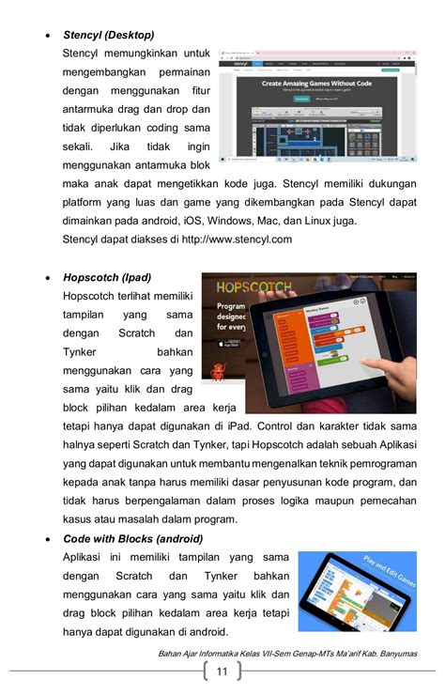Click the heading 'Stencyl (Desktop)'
pos(108,35)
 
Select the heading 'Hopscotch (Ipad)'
pos(106,278)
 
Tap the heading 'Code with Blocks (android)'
pos(132,539)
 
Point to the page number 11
pos(222,672)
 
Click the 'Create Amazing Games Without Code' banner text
pos(316,84)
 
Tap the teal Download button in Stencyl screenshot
pos(301,98)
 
